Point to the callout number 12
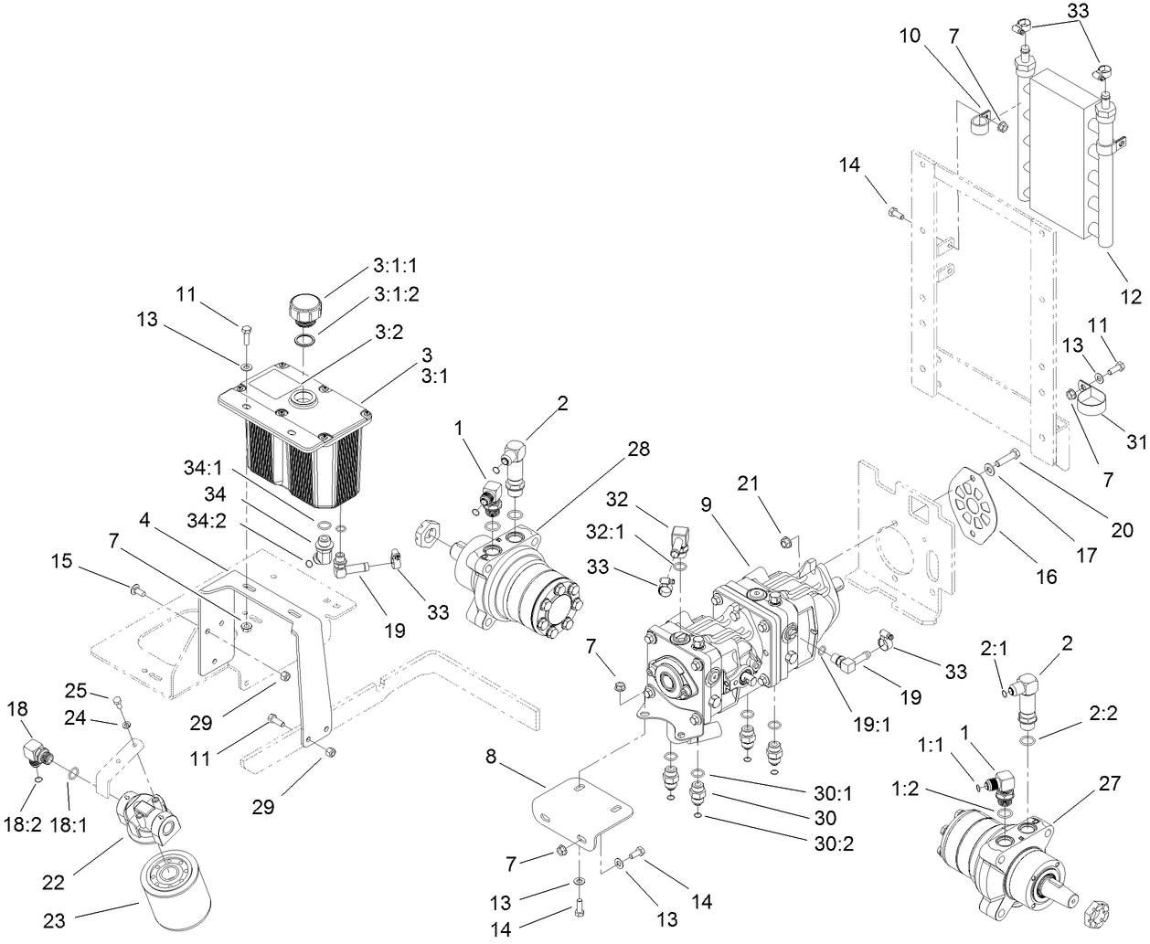1131,296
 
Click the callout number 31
1135,441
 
